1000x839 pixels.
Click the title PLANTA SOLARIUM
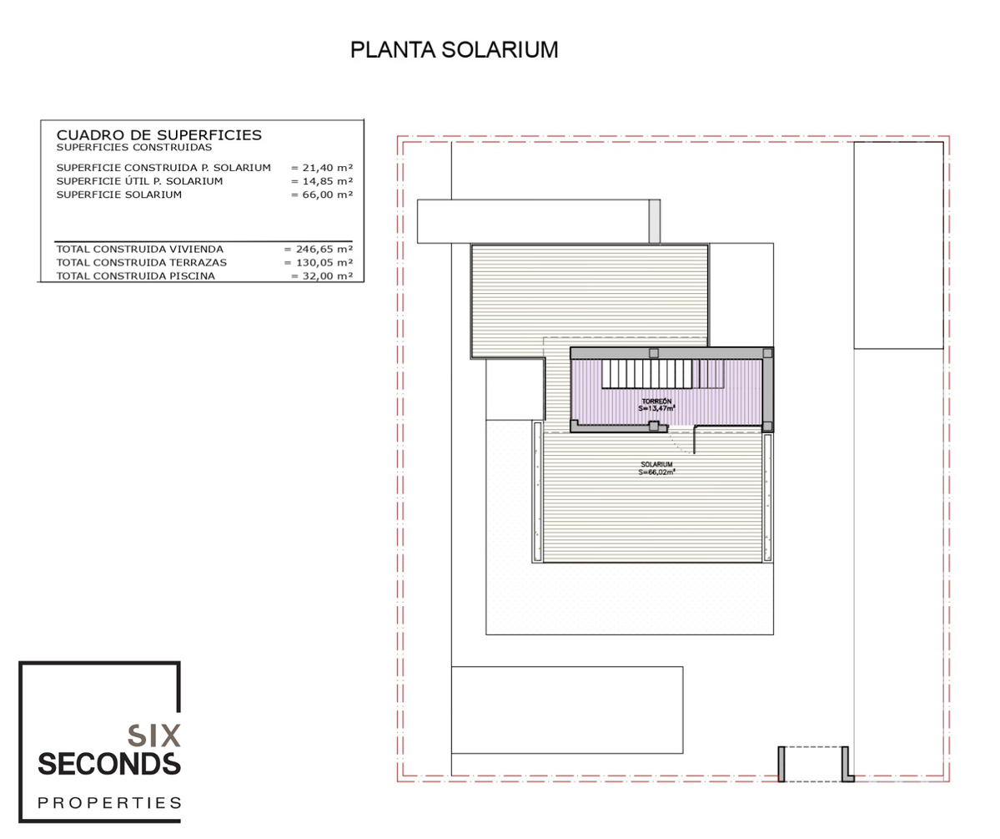(x=454, y=50)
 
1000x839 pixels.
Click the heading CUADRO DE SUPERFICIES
(x=158, y=134)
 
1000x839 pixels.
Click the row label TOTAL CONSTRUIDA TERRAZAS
(x=142, y=262)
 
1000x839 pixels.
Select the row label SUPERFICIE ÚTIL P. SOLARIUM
(x=139, y=181)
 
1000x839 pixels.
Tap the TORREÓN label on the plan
(x=656, y=402)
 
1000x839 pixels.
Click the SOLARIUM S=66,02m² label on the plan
(x=657, y=468)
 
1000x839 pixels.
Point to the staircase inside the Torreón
(x=663, y=373)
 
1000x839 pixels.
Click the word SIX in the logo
(x=154, y=736)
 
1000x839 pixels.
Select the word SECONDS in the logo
(x=109, y=765)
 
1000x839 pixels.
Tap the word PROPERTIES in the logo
(x=110, y=802)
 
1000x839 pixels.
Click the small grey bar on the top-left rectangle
(x=655, y=221)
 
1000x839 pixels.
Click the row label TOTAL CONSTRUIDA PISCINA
(x=136, y=275)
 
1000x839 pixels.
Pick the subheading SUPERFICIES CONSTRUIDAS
(x=134, y=148)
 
